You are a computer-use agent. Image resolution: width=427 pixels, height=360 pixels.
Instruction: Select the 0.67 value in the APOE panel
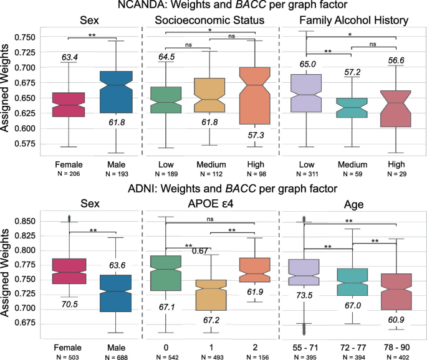pos(199,251)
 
